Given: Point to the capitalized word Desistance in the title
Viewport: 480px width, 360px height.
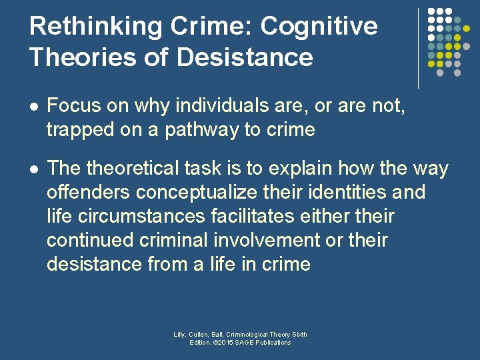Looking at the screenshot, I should (245, 57).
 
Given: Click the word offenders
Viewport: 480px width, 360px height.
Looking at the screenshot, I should (88, 193).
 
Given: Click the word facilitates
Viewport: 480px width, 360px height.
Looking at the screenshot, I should (269, 217).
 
